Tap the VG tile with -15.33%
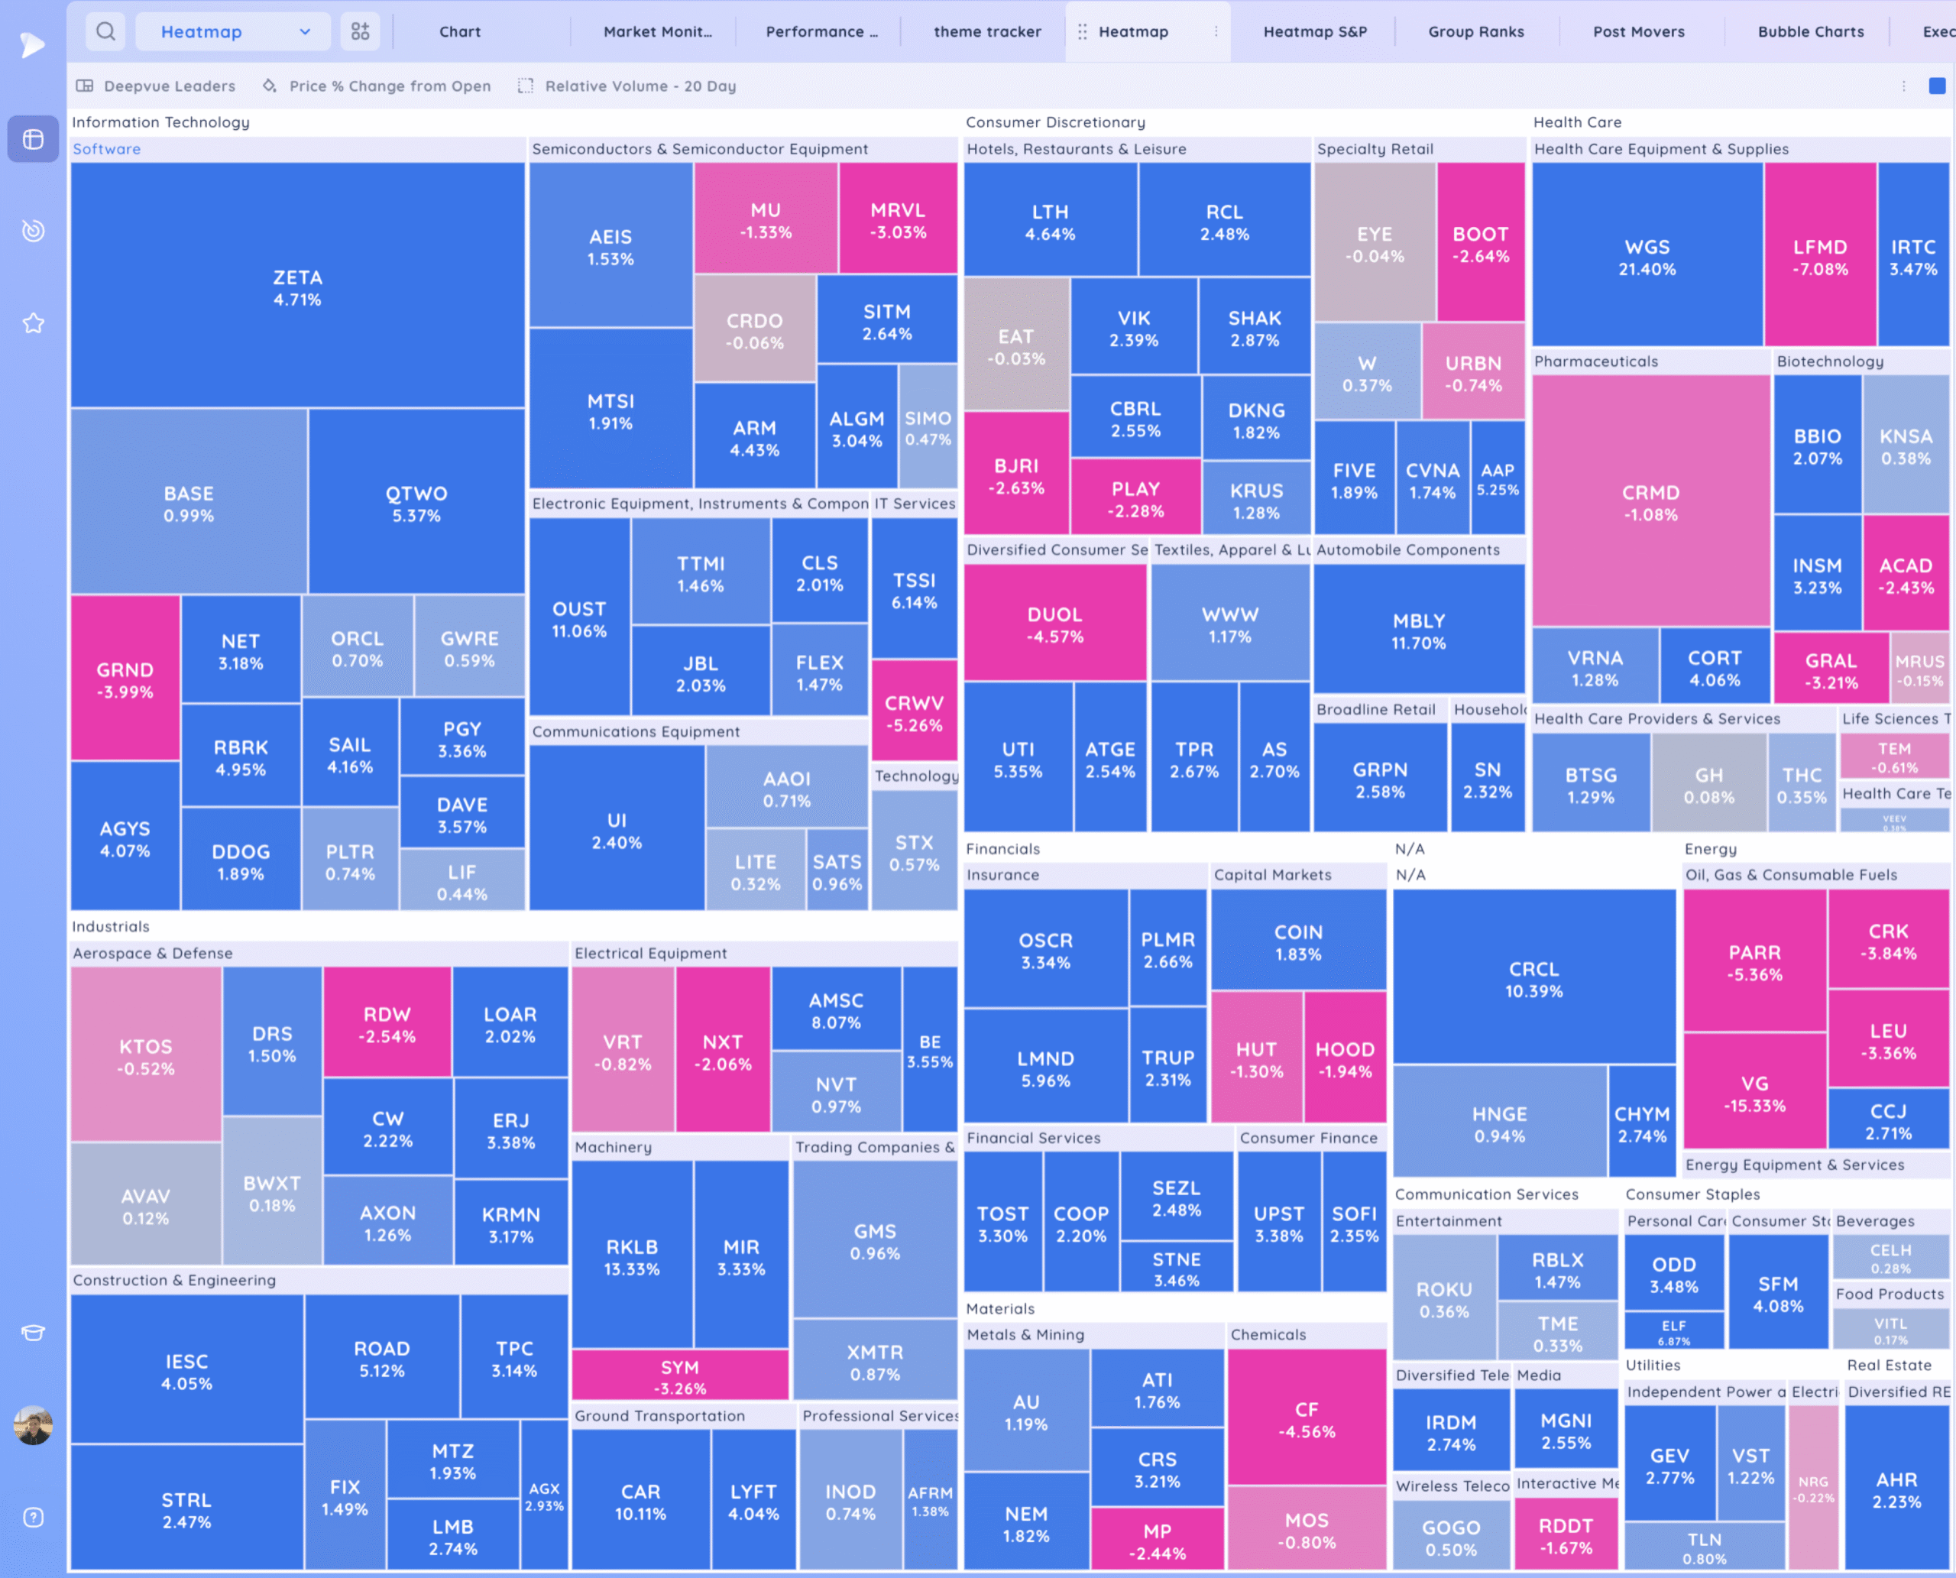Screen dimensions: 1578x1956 tap(1754, 1094)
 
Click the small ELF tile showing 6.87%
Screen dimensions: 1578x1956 tap(1673, 1332)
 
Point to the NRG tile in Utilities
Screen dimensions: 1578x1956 tap(1812, 1488)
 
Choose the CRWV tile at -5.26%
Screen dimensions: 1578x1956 tap(914, 713)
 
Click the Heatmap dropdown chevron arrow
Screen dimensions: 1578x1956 tap(305, 32)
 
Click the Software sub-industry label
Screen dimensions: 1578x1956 tap(106, 149)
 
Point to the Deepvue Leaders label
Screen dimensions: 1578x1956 tap(169, 86)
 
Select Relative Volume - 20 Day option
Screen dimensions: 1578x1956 tap(640, 86)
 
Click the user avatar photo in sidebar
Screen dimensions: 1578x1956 tap(34, 1424)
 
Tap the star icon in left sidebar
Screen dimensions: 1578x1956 tap(34, 322)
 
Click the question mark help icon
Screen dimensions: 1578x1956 tap(34, 1517)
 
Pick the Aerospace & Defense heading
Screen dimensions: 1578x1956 tap(153, 953)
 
